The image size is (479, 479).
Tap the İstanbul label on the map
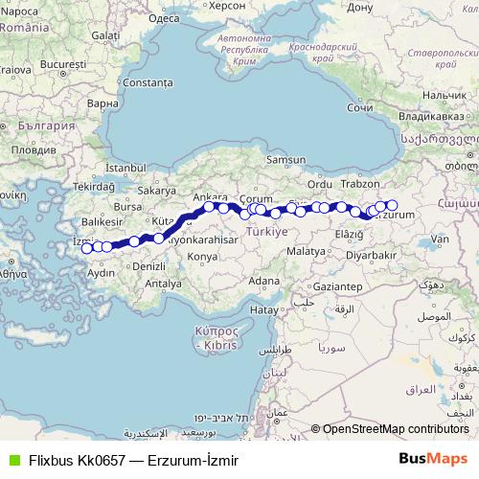pos(124,168)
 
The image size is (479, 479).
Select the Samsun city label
pos(285,159)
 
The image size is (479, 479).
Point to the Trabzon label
pos(359,183)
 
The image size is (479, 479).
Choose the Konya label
pos(203,257)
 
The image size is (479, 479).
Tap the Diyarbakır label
pos(371,256)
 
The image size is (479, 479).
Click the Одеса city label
pos(165,17)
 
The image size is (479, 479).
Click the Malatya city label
pos(307,249)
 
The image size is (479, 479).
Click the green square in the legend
pos(11,460)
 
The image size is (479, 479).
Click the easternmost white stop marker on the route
pos(391,205)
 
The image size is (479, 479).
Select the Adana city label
pos(258,282)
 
